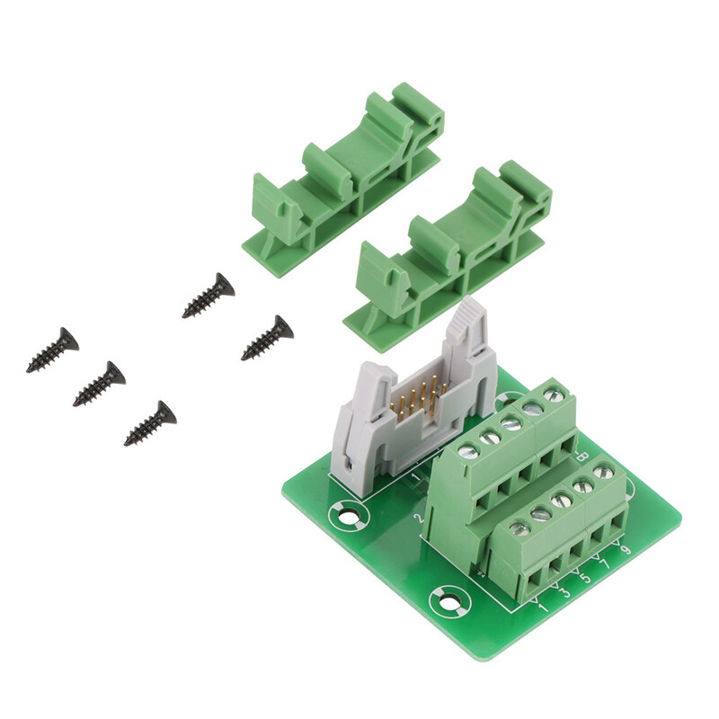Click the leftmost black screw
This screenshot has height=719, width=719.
pos(52,351)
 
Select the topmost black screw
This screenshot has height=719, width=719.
pos(208,297)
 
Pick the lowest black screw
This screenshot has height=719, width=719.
pos(150,423)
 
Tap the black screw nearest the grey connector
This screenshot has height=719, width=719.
pos(267,338)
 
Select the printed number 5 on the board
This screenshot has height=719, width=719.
pos(586,579)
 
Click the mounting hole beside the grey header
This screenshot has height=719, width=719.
pos(346,517)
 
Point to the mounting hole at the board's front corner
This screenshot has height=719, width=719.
pos(448,599)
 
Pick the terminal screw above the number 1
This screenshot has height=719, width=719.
pos(519,529)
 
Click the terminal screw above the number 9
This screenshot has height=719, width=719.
pos(603,472)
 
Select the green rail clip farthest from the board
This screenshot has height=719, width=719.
pos(345,180)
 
